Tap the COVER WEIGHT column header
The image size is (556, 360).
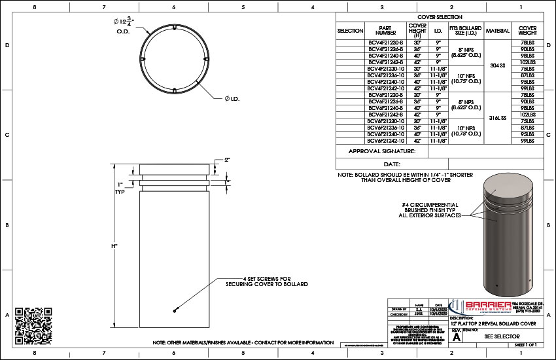[527, 30]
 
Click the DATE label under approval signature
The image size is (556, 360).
[392, 164]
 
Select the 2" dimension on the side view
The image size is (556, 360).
[227, 160]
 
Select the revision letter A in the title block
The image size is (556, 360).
[457, 338]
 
